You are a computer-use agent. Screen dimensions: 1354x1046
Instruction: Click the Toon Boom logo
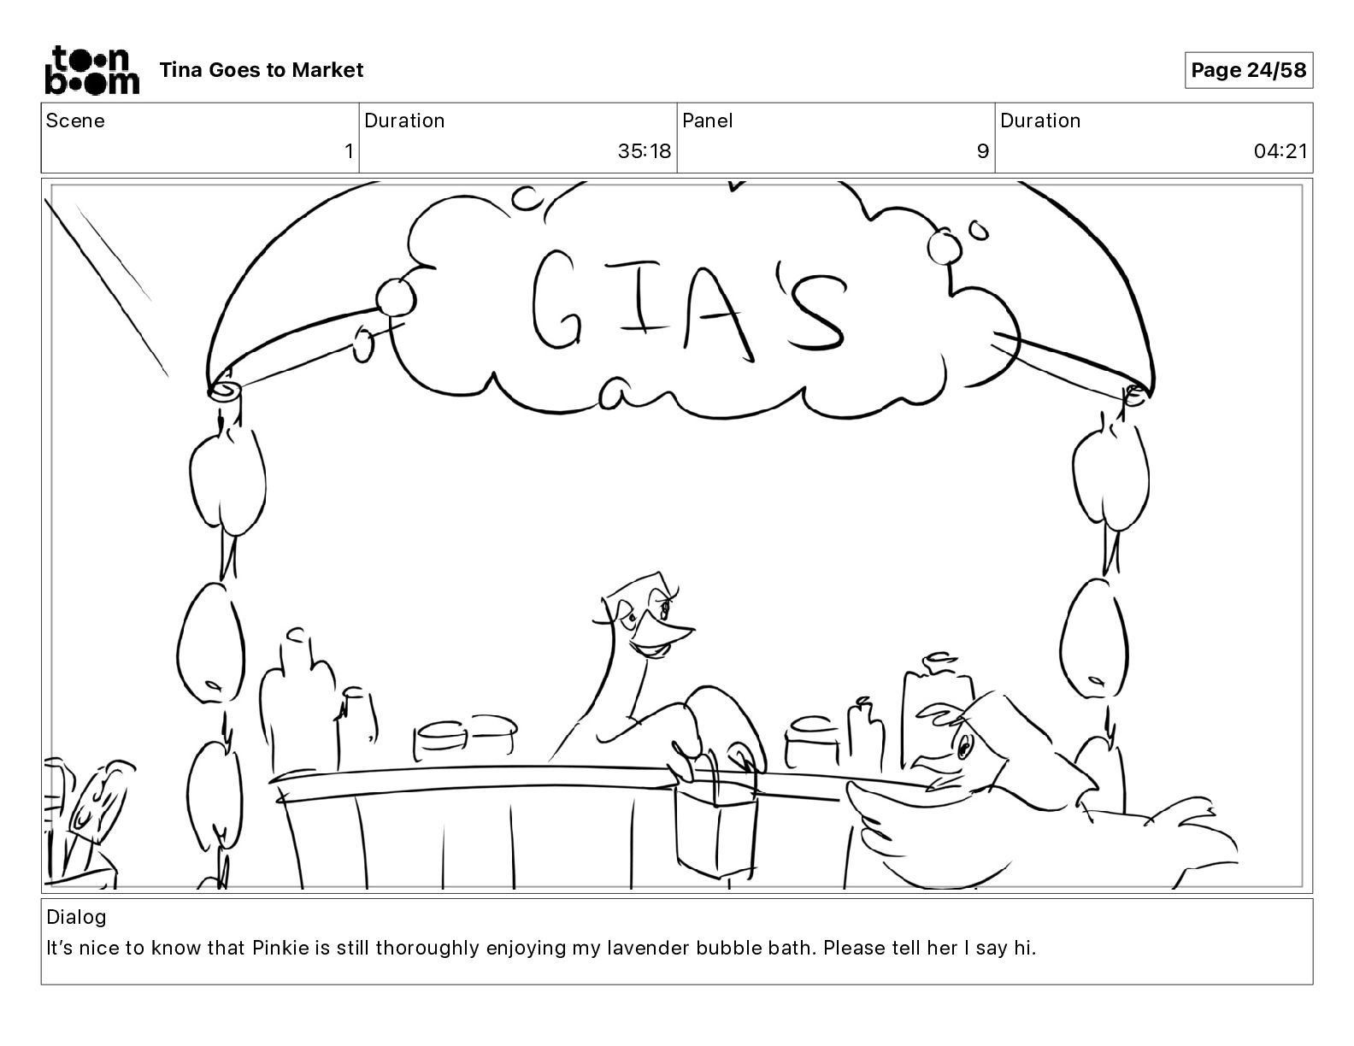[92, 70]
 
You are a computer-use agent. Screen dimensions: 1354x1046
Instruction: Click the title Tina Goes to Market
[261, 70]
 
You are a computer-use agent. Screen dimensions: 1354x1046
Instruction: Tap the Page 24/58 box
[1248, 70]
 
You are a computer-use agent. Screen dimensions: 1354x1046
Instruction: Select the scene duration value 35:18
[645, 151]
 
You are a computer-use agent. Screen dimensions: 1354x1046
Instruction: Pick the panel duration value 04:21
[1280, 151]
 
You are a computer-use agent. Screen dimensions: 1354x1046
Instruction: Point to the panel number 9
[983, 151]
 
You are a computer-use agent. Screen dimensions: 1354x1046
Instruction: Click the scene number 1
[349, 151]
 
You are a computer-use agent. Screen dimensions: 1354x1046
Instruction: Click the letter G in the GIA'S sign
[557, 300]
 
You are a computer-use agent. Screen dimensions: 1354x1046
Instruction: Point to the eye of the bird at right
[963, 745]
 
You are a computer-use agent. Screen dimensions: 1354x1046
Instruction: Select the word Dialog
[76, 917]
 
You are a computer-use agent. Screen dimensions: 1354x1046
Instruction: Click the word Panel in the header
[707, 120]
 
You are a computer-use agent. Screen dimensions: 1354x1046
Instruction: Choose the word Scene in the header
[74, 120]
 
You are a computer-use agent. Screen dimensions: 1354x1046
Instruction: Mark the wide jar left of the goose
[464, 739]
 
